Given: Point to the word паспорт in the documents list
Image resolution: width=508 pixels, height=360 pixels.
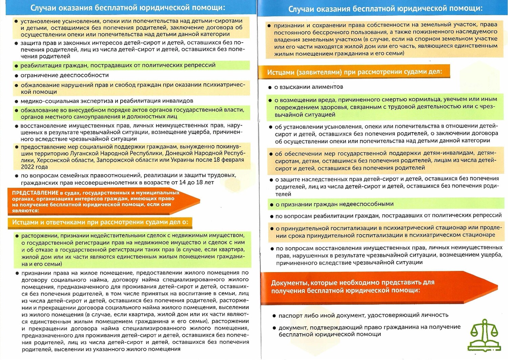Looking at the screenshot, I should [x=290, y=316].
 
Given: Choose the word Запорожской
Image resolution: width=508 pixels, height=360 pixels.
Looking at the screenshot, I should [x=113, y=160].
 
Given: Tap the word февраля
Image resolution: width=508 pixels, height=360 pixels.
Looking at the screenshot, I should [x=233, y=160].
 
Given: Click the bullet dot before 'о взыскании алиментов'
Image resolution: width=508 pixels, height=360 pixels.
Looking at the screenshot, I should [x=270, y=87].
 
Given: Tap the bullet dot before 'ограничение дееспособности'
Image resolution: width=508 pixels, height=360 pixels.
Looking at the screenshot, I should [x=16, y=76].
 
